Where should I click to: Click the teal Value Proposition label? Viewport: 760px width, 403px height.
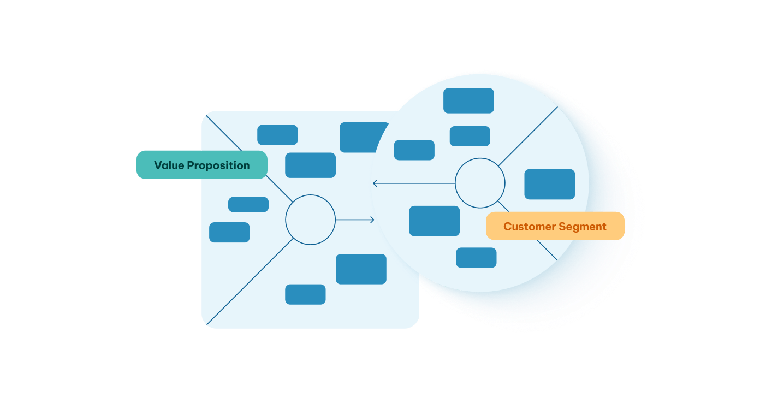click(201, 165)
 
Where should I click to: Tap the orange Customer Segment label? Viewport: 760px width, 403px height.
click(555, 226)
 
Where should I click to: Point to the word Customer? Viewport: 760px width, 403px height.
click(526, 227)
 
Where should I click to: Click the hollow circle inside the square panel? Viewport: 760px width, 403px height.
click(310, 220)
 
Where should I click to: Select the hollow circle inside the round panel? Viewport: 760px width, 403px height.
click(480, 183)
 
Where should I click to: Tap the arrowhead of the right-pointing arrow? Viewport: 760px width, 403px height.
click(372, 220)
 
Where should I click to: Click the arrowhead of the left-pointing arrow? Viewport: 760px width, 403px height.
click(375, 183)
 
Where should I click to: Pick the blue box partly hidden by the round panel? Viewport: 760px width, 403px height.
click(358, 137)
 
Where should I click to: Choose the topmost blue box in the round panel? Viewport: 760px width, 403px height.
click(468, 100)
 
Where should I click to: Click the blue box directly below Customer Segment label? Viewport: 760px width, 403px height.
click(476, 258)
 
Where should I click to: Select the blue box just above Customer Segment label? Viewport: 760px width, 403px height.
click(549, 184)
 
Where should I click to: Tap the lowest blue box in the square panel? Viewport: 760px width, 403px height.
click(305, 294)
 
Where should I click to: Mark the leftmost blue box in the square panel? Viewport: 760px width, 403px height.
click(229, 232)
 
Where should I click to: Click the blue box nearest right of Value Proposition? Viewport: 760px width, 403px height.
click(310, 165)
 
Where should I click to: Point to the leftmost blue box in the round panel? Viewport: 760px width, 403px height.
click(414, 150)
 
